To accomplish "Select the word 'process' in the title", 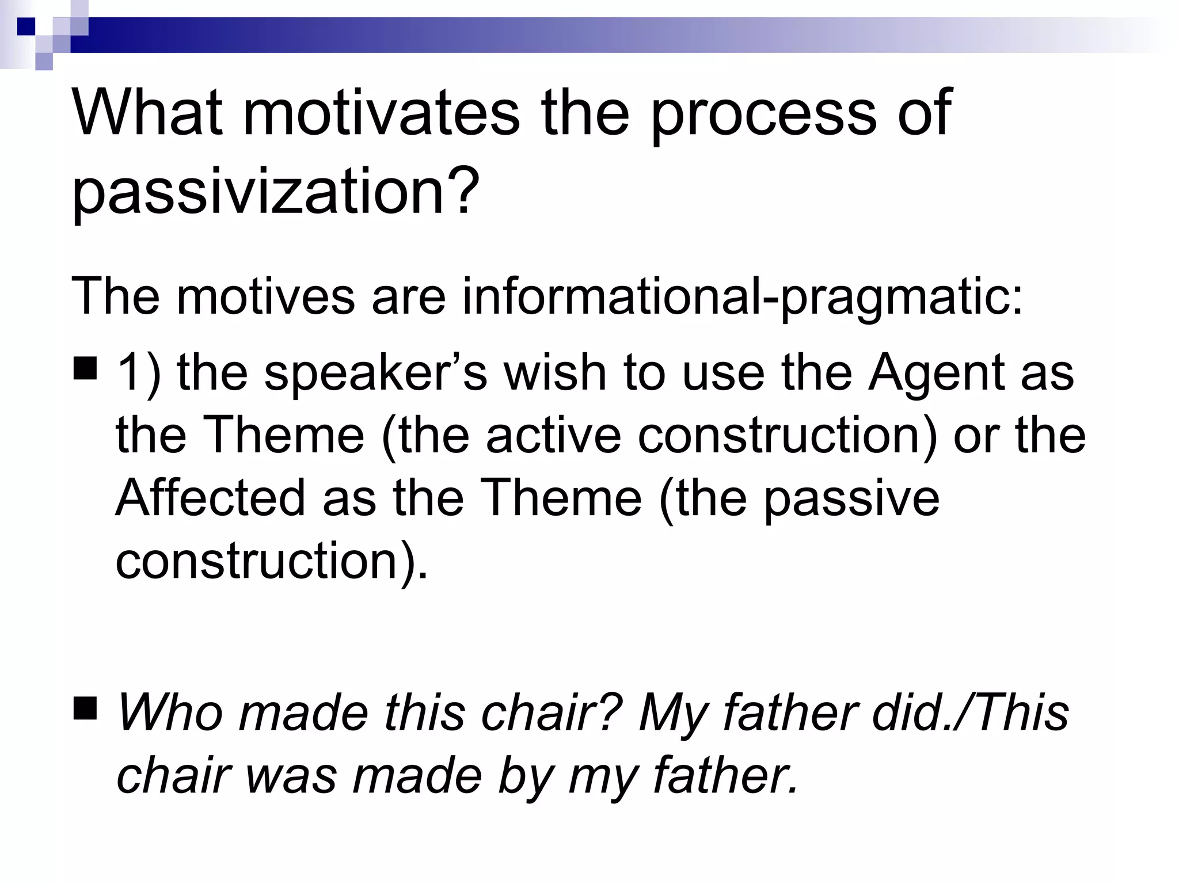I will (763, 114).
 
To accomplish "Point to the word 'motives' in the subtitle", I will (266, 296).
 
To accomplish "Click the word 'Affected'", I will (210, 497).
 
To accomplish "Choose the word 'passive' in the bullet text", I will (851, 498).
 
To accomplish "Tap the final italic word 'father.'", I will (726, 775).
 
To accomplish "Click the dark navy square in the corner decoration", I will (26, 26).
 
